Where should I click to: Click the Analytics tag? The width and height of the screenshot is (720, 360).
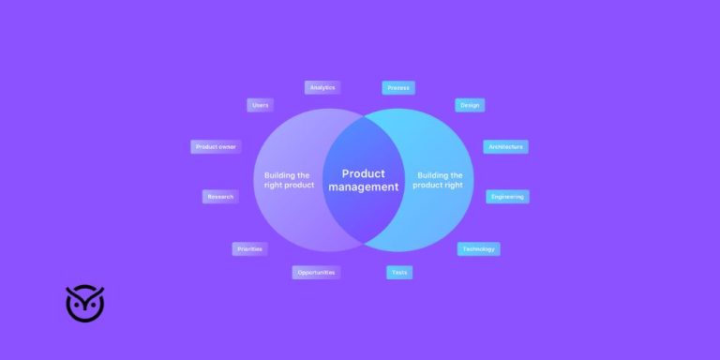[322, 87]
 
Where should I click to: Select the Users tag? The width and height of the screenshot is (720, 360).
[260, 105]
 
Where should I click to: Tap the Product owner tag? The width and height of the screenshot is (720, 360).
[215, 146]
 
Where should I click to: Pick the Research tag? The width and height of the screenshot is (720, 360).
[220, 197]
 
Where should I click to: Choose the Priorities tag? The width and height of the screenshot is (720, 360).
[249, 249]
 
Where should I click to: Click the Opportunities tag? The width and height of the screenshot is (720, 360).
[315, 272]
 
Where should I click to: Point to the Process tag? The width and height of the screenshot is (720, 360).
[398, 88]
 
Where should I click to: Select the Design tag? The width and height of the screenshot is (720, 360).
[470, 105]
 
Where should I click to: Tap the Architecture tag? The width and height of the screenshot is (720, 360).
[505, 147]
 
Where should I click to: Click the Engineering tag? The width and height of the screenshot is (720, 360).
[507, 197]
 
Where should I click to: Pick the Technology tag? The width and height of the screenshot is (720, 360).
[478, 249]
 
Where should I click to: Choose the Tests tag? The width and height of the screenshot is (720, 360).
[399, 272]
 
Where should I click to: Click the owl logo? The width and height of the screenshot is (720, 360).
[84, 303]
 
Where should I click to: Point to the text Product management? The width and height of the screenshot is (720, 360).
[363, 180]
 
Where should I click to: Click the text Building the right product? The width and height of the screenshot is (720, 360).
[287, 180]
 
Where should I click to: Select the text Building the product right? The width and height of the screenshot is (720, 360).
[439, 180]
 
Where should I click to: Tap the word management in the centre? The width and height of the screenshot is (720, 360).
[363, 187]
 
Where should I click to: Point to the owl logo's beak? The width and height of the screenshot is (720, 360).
[84, 309]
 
